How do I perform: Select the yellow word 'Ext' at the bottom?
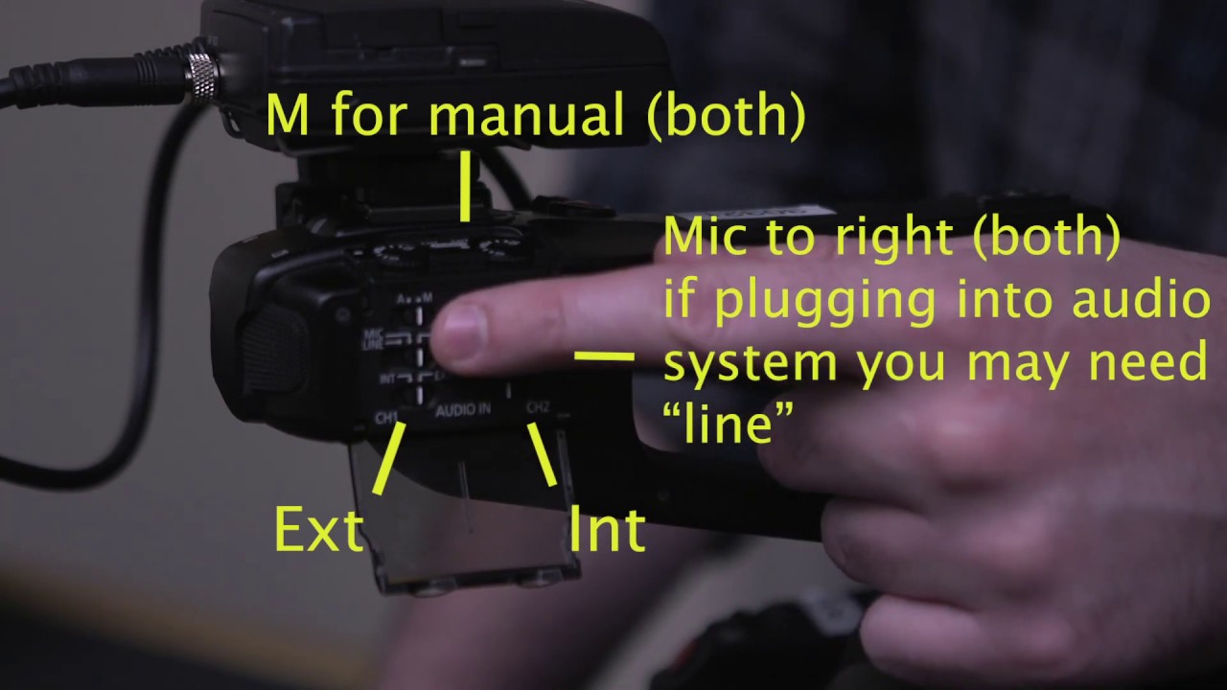(x=318, y=529)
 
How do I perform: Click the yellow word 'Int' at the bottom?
(x=607, y=529)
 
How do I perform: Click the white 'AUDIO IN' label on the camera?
(x=463, y=410)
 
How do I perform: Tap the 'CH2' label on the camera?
(x=537, y=408)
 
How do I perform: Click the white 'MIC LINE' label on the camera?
(x=372, y=338)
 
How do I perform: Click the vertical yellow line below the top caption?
(x=466, y=186)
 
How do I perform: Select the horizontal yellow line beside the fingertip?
(x=604, y=356)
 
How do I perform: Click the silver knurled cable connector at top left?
(x=203, y=77)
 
